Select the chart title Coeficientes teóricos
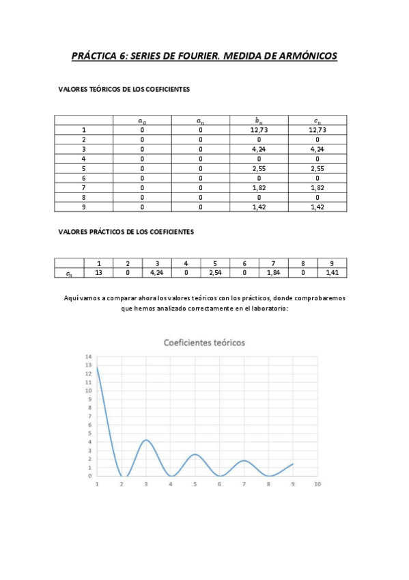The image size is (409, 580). [x=203, y=342]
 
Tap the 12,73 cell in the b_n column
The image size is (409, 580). [x=259, y=129]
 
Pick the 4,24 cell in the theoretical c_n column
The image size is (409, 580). [x=318, y=148]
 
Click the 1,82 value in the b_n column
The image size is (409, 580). [x=259, y=187]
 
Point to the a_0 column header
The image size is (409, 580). [x=142, y=120]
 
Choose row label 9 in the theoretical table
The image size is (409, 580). [x=84, y=206]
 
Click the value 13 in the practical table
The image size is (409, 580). [x=98, y=273]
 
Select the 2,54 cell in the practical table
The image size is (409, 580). [x=215, y=273]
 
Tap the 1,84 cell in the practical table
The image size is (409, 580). [x=274, y=273]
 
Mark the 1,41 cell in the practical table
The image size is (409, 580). [x=332, y=273]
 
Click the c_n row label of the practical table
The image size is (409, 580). [x=70, y=273]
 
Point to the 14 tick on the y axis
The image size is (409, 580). [x=88, y=357]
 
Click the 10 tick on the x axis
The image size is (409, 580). [x=318, y=484]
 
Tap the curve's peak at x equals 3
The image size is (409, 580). [x=146, y=440]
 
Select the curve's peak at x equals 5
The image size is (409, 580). [x=195, y=454]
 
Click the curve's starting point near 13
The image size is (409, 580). [x=98, y=367]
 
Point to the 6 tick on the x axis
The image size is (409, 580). [x=220, y=484]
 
